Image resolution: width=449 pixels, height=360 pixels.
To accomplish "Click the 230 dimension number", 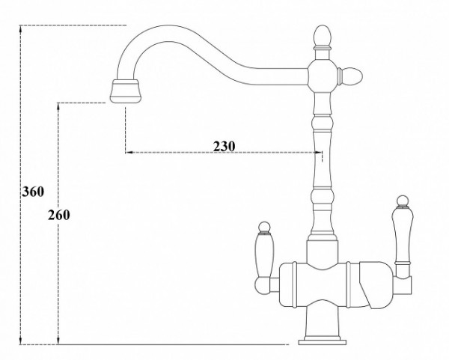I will click(x=224, y=145).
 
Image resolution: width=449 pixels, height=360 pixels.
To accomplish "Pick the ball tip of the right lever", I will click(x=401, y=201).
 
